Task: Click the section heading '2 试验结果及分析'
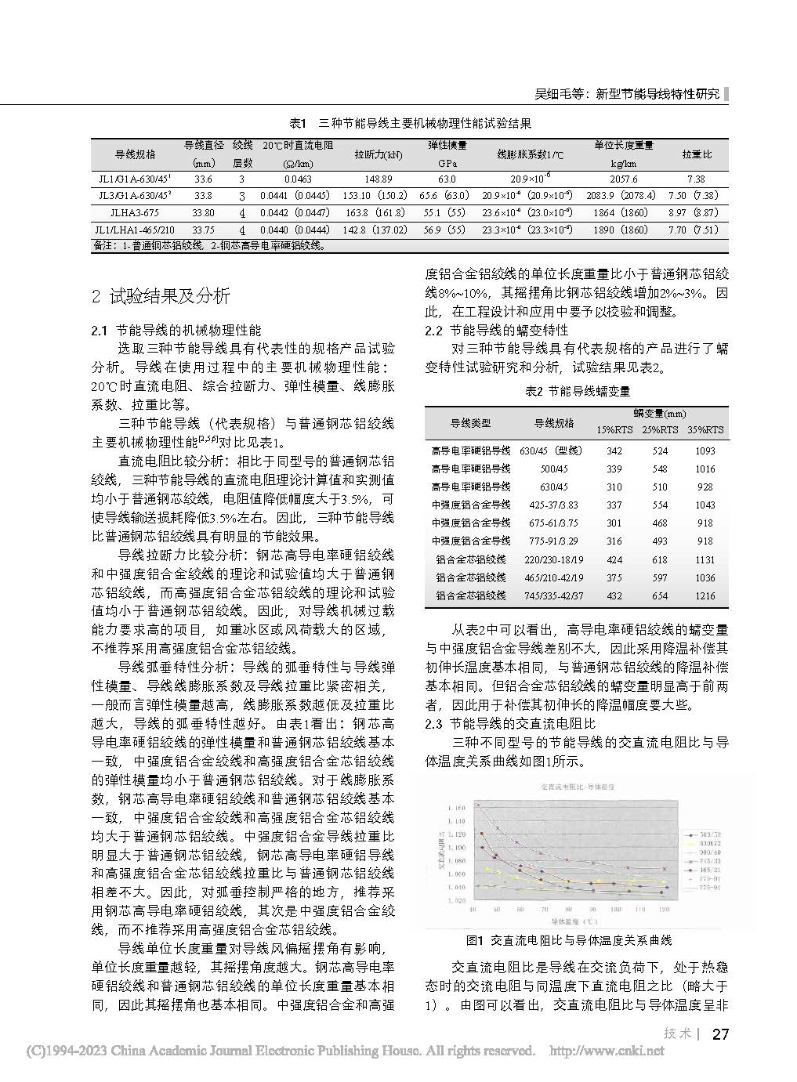click(161, 296)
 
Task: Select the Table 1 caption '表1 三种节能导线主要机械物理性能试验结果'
click(411, 123)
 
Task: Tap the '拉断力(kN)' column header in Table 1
click(379, 155)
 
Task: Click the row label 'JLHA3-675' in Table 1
click(136, 212)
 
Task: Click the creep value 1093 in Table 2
click(705, 451)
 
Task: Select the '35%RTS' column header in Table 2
click(705, 430)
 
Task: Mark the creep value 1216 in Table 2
click(705, 595)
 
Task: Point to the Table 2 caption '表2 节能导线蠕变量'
click(577, 390)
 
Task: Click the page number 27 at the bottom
click(719, 1034)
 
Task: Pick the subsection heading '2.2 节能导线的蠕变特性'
click(496, 330)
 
